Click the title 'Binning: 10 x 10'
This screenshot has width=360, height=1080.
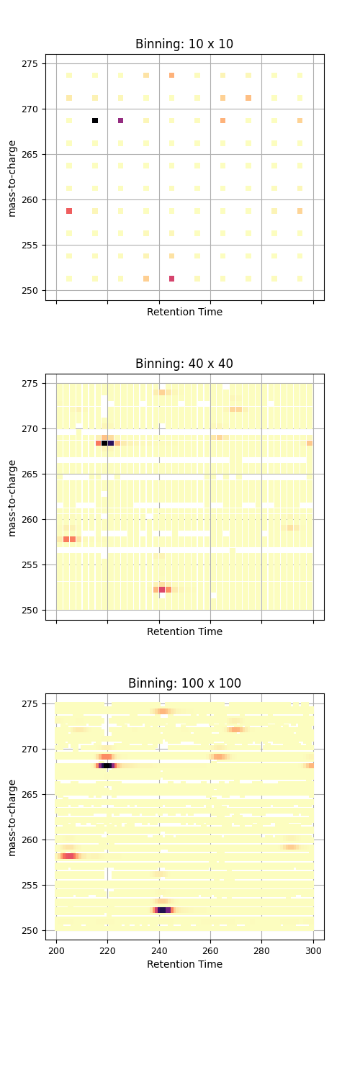pyautogui.click(x=184, y=44)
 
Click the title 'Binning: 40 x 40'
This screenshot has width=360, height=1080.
pyautogui.click(x=184, y=364)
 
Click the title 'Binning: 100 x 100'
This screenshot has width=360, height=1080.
pyautogui.click(x=184, y=683)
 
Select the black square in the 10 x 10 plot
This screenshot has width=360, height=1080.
pyautogui.click(x=95, y=120)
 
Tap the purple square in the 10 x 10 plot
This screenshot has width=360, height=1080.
pyautogui.click(x=120, y=120)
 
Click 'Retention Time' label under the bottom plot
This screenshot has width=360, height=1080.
pyautogui.click(x=184, y=964)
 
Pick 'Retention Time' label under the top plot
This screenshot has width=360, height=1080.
pyautogui.click(x=184, y=312)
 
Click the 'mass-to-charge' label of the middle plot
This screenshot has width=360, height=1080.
pyautogui.click(x=12, y=497)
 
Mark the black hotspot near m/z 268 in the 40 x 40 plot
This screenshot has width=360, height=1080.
pyautogui.click(x=107, y=444)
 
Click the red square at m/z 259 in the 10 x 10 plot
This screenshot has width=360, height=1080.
pyautogui.click(x=69, y=211)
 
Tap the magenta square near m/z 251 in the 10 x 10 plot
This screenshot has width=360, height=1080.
pyautogui.click(x=171, y=279)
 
